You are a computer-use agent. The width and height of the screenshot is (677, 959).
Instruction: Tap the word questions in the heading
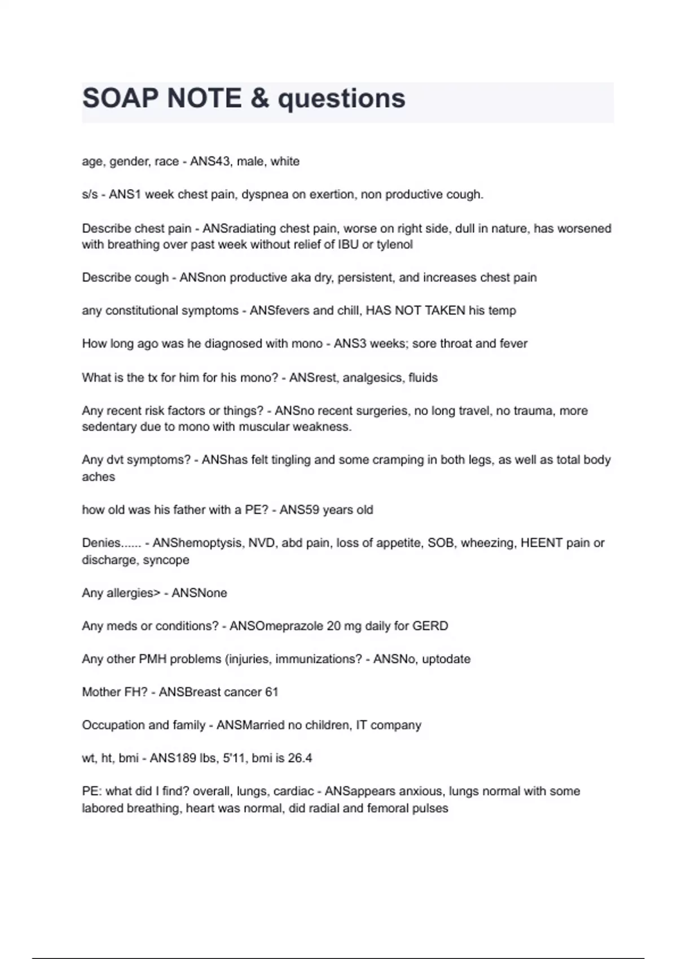341,99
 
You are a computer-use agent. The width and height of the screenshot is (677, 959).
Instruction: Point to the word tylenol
393,245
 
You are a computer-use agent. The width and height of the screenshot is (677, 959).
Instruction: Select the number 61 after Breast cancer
271,692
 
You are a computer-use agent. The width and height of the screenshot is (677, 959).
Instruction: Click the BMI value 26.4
300,758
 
